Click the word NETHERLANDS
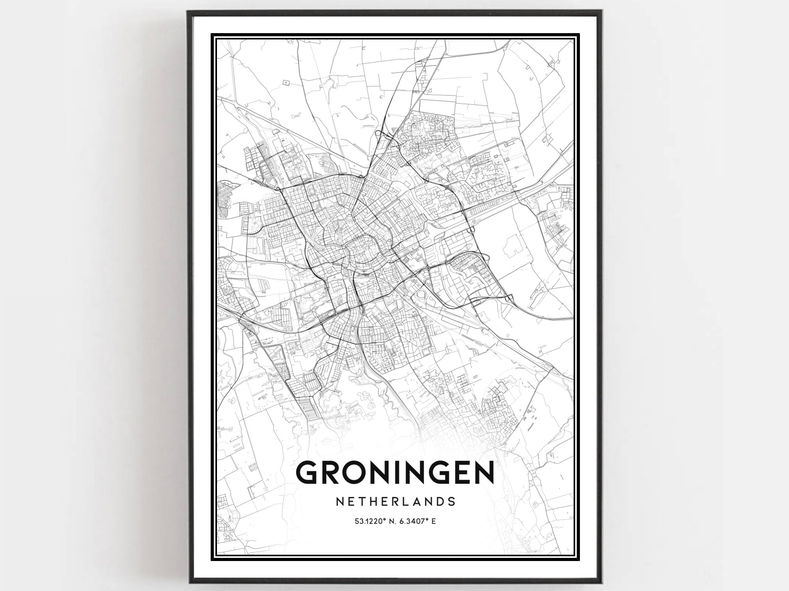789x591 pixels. point(395,501)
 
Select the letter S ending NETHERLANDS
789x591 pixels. point(452,501)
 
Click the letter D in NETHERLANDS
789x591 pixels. point(440,501)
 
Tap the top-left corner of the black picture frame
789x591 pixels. point(188,12)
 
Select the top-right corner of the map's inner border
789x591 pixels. point(574,39)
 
